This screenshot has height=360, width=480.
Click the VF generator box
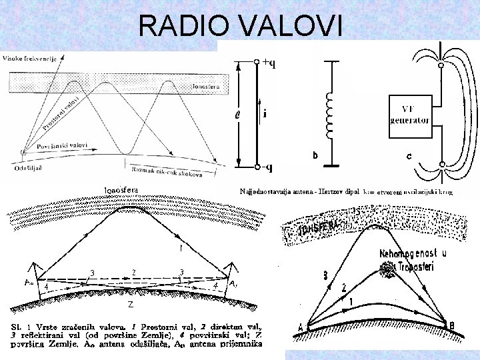tap(409, 117)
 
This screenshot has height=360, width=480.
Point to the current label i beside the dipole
tap(265, 114)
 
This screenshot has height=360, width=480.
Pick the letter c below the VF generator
tap(409, 157)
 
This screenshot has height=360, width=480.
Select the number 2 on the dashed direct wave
tap(134, 272)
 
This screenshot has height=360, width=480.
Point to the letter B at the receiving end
tap(452, 325)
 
